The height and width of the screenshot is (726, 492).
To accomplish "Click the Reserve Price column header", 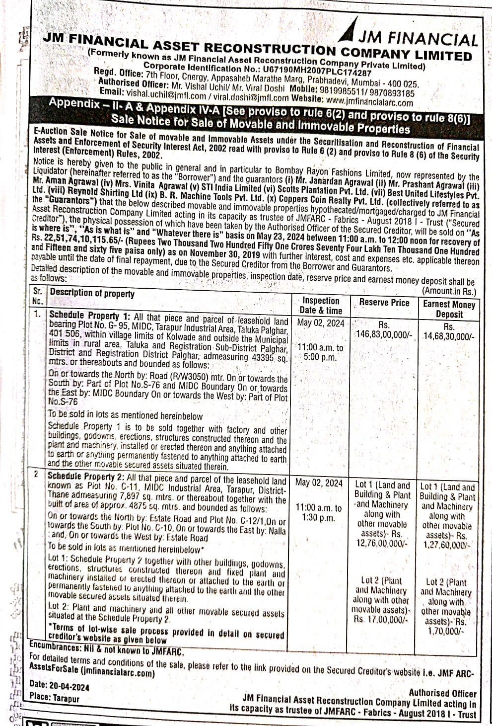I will [384, 303].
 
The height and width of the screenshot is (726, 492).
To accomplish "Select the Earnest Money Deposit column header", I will [449, 309].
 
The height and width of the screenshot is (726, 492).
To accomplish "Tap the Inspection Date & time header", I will [320, 305].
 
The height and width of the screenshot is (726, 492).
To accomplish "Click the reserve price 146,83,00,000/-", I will [384, 335].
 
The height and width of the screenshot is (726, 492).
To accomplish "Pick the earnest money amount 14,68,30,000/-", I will [449, 336].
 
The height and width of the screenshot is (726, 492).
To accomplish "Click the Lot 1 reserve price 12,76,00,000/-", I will [381, 543].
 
